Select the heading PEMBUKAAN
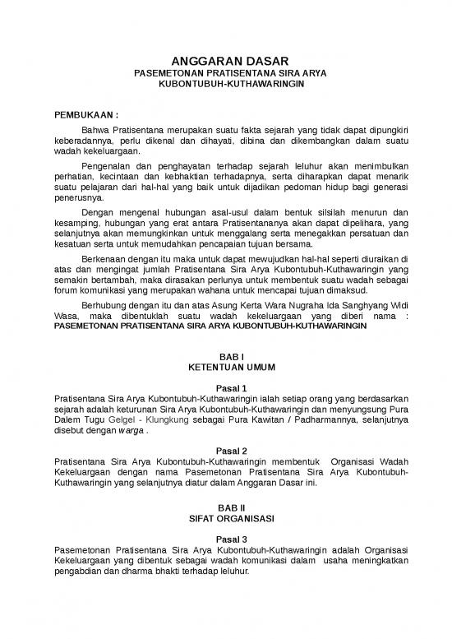click(85, 115)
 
